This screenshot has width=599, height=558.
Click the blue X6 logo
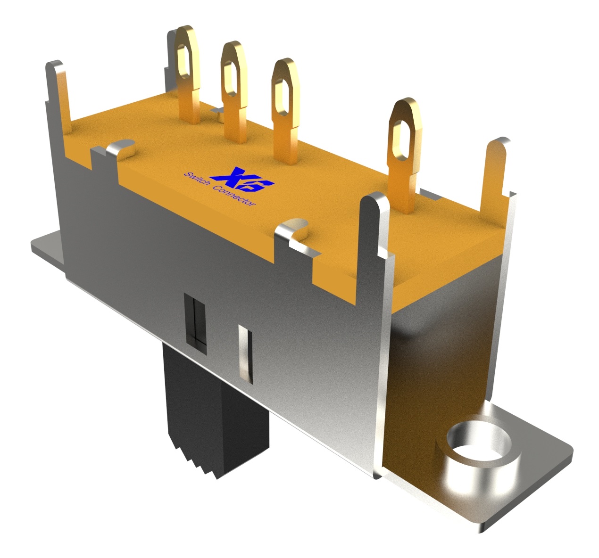[x=242, y=180]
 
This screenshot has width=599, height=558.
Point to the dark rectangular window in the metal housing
[x=196, y=323]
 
